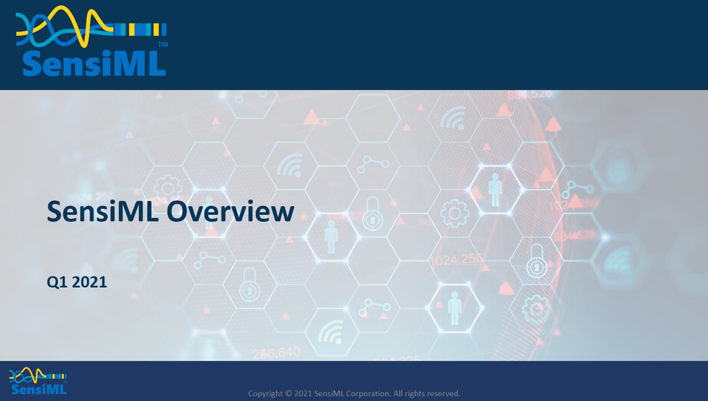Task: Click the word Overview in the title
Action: (x=230, y=212)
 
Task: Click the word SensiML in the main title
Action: (x=103, y=212)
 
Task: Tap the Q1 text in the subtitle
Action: (x=57, y=282)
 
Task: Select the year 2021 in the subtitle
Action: (x=89, y=282)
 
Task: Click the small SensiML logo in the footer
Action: (x=38, y=382)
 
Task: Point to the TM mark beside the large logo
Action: (x=163, y=44)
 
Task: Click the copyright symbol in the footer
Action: (x=289, y=394)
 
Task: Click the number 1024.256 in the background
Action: (x=456, y=260)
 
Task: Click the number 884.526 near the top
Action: (x=529, y=94)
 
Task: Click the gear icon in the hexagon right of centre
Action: (x=454, y=213)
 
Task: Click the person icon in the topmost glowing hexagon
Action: (x=495, y=190)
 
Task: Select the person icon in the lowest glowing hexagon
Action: (x=454, y=308)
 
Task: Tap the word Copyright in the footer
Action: (x=265, y=394)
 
